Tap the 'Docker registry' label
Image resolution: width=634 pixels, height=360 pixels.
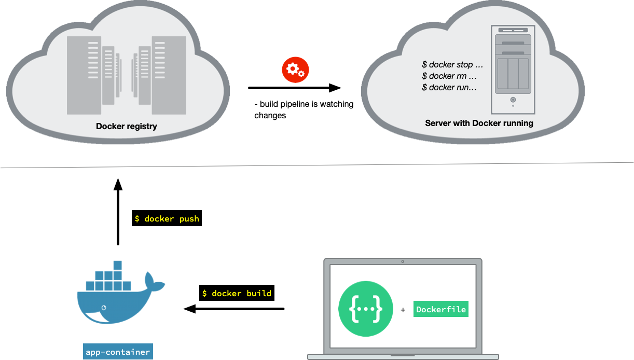coord(127,126)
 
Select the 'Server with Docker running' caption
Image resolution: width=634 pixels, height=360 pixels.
coord(479,123)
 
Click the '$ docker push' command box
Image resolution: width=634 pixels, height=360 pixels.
coord(167,219)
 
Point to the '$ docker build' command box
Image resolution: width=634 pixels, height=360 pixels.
coord(237,293)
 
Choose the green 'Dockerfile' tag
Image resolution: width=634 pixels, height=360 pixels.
coord(441,309)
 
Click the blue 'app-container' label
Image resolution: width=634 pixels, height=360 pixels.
coord(118,352)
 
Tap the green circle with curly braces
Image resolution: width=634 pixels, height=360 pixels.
coord(366,309)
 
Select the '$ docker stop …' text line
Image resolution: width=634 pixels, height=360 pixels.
coord(452,65)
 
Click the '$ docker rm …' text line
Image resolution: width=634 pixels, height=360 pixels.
coord(449,76)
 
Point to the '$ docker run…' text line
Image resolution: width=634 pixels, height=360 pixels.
coord(449,88)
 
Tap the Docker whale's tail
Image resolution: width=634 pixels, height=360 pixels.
coord(154,283)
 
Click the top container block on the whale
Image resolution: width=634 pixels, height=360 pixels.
coord(118,265)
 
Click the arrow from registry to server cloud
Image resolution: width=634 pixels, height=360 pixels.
coord(295,88)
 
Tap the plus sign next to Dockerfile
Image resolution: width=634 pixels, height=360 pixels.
coord(403,310)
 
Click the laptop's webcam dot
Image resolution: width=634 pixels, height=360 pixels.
coord(403,261)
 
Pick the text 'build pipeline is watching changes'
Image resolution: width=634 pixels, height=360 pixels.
coord(304,109)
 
